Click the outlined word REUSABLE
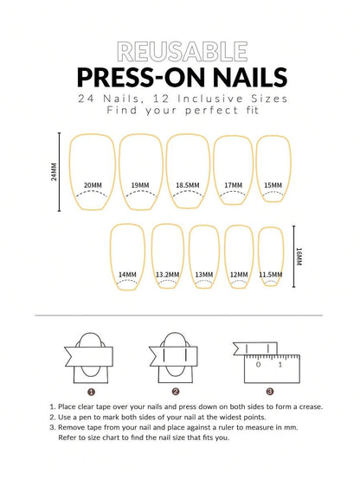(183, 52)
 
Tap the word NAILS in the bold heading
(250, 77)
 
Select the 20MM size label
(93, 185)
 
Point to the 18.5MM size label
(188, 185)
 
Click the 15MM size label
(273, 185)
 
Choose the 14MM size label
(127, 274)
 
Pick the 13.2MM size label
(167, 274)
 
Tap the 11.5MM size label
(271, 274)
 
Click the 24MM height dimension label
(55, 172)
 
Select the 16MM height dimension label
(299, 256)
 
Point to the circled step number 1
(91, 392)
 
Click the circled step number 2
(176, 392)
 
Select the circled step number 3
(269, 392)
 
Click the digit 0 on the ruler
(259, 365)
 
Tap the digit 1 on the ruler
(280, 365)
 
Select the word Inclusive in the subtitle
(210, 99)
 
